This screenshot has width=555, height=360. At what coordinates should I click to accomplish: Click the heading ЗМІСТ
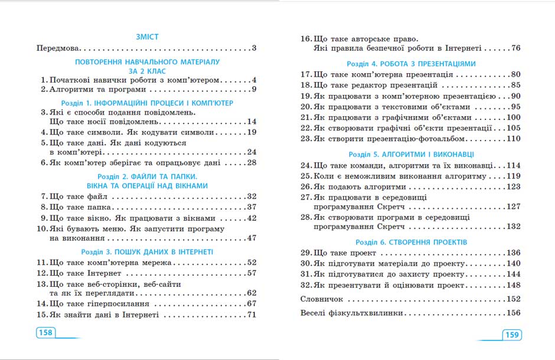click(146, 37)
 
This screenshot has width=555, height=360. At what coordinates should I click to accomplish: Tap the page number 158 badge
click(45, 333)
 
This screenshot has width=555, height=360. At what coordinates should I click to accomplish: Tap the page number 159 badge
click(511, 335)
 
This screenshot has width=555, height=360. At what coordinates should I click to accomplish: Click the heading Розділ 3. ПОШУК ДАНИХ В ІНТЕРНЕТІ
click(146, 252)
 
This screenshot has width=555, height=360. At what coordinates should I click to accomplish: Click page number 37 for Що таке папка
click(250, 207)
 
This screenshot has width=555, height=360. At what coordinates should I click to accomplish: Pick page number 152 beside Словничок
click(512, 299)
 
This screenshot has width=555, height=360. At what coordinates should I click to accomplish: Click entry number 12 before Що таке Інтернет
click(41, 273)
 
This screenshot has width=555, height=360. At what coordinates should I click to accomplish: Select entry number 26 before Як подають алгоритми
click(305, 186)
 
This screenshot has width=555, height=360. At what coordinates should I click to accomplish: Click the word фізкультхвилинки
click(367, 313)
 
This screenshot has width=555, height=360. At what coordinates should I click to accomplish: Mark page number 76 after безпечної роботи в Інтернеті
click(515, 48)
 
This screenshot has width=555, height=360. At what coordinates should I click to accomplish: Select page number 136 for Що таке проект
click(512, 253)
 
